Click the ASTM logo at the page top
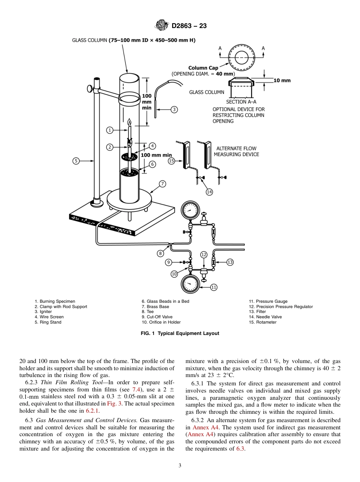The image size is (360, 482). click(x=162, y=26)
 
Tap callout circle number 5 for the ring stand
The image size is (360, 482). click(x=76, y=161)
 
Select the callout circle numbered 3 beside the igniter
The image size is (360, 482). click(x=174, y=110)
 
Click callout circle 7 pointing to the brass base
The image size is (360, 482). click(x=162, y=184)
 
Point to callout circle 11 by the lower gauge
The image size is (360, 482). click(x=213, y=287)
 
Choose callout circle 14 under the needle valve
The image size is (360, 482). click(x=209, y=192)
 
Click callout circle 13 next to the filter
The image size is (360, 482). click(x=230, y=262)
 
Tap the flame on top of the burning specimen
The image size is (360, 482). click(x=129, y=122)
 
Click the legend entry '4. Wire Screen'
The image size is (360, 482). click(x=49, y=317)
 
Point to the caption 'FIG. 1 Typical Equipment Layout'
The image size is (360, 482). click(x=180, y=333)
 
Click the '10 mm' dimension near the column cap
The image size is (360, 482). click(x=282, y=80)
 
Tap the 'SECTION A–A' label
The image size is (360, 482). click(x=241, y=102)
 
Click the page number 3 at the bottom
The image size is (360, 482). click(x=180, y=466)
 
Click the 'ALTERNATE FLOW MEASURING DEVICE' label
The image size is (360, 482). click(x=236, y=151)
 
